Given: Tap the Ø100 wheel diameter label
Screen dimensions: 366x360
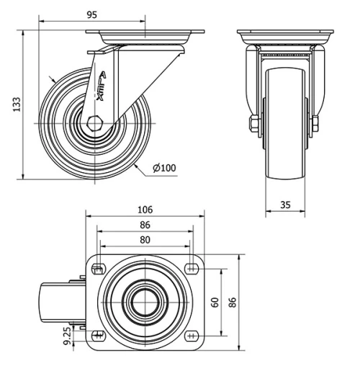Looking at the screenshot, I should click(164, 168).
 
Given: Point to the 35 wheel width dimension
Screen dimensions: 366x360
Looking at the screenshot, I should click(285, 205).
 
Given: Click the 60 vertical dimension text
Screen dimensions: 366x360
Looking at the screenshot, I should click(215, 303).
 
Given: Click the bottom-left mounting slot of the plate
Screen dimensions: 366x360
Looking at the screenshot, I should click(96, 336).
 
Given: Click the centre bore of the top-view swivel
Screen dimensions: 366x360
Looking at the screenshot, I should click(144, 303).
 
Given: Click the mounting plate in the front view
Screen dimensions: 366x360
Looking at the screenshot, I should click(285, 36).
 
